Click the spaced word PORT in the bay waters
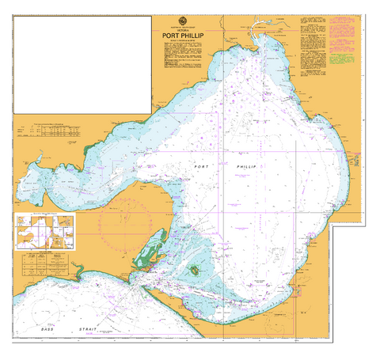[x=203, y=168]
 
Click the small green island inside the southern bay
[x=194, y=270]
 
